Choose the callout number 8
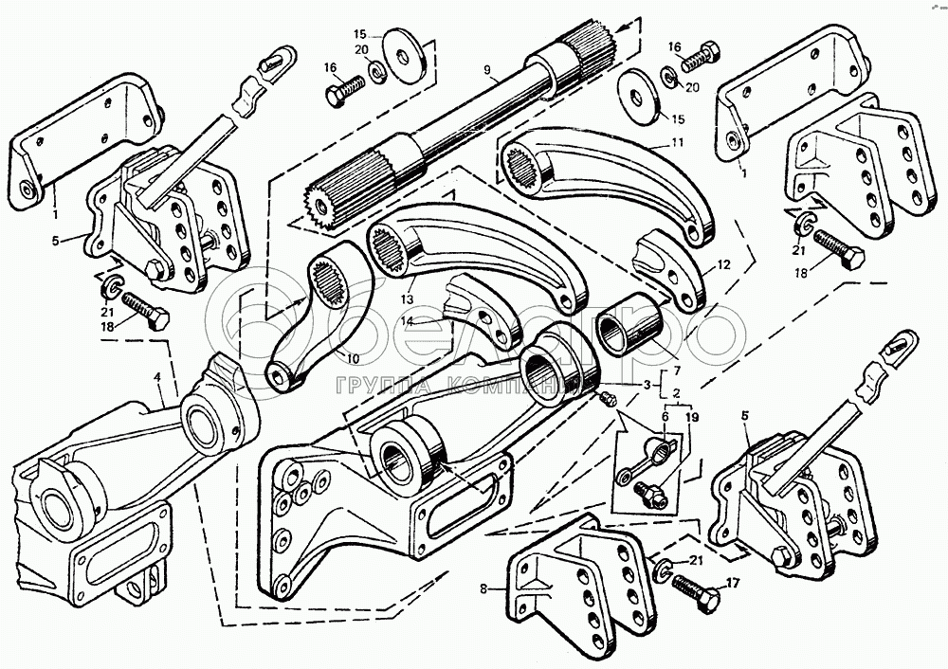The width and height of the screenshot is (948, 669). pyautogui.click(x=483, y=588)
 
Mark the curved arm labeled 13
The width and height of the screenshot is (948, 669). pyautogui.click(x=474, y=256)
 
